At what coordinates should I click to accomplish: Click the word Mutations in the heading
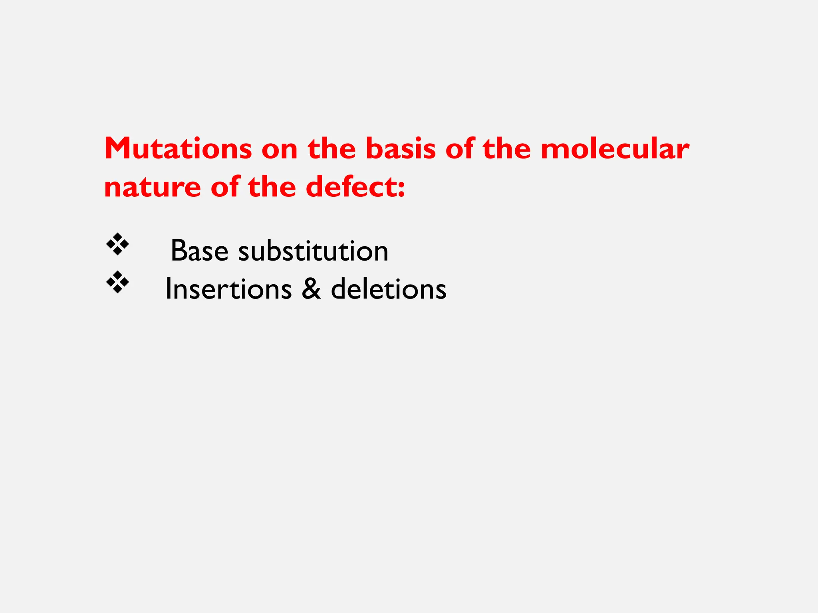178,149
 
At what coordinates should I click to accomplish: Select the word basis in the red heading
400,149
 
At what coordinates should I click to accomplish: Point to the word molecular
615,149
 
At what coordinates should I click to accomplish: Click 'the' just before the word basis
332,149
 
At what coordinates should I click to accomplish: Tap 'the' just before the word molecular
506,149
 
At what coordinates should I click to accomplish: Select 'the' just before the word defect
272,187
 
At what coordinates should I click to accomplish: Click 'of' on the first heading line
459,149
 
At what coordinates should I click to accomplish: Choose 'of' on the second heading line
224,187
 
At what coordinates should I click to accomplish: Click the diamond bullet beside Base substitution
117,244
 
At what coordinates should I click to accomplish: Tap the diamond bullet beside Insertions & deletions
117,282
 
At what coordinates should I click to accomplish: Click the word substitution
313,251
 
